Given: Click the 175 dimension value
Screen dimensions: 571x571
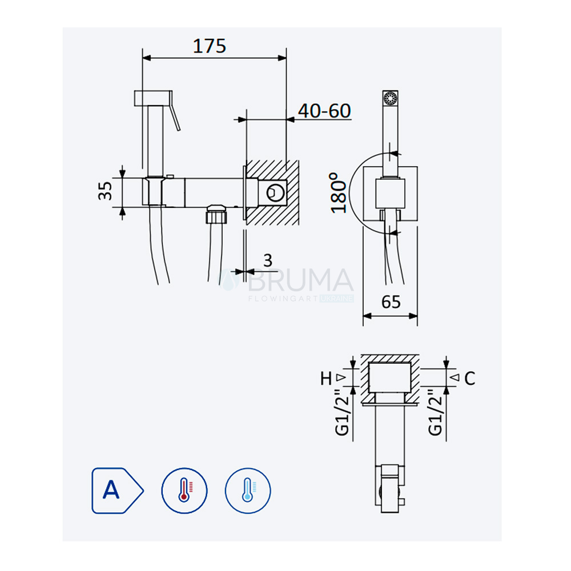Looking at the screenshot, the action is tap(210, 46).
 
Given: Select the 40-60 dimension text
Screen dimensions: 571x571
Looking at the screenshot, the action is tap(324, 111).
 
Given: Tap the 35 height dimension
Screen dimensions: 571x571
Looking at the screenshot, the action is tap(105, 191).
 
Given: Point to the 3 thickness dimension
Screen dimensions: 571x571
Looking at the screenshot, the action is tap(268, 260).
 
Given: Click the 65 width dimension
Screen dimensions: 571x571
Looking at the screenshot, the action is tap(391, 302).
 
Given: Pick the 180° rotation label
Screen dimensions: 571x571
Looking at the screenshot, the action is tap(338, 192).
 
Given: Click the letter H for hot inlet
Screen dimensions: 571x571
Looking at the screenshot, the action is tap(326, 379).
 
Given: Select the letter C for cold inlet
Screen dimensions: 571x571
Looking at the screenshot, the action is tap(470, 379).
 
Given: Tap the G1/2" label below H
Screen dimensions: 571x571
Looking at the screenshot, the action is tap(342, 412).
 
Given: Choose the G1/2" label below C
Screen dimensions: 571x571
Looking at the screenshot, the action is tap(435, 412).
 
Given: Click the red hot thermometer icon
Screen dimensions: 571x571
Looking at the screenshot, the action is tap(184, 490).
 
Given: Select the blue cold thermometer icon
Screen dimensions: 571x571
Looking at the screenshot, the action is tap(248, 490).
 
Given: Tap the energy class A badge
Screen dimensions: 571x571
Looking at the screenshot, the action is tap(117, 490).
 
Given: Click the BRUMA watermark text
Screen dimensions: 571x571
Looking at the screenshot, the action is tap(300, 280).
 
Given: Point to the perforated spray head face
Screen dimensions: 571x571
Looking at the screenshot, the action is tap(391, 98).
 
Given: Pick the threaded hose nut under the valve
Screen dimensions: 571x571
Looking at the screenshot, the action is tap(216, 215).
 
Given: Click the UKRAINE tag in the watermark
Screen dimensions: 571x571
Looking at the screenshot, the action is tap(336, 299).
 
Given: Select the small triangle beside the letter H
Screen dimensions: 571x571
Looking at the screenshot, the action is tap(340, 377).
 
